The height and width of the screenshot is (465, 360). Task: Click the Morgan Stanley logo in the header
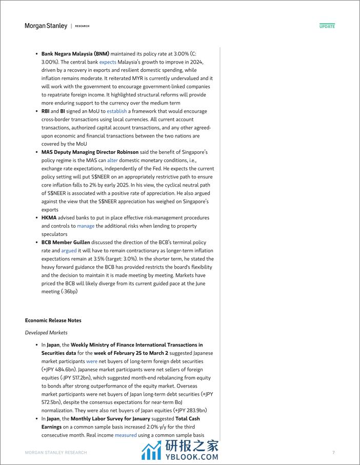(46, 26)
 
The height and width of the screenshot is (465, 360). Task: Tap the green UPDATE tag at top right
(327, 26)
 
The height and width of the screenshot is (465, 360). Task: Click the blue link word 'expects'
(108, 62)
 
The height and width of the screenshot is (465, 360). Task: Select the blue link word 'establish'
(116, 111)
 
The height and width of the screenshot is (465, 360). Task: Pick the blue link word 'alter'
(112, 160)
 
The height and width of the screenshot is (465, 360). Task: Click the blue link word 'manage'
(86, 226)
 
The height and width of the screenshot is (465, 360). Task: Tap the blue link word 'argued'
(69, 251)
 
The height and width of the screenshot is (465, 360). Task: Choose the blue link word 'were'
(92, 361)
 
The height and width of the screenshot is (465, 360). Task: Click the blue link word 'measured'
(126, 435)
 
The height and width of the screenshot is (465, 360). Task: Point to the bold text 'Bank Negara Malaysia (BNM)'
(75, 54)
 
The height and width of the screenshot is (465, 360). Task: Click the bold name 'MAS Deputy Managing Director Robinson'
(90, 152)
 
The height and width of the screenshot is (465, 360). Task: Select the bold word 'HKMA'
(49, 218)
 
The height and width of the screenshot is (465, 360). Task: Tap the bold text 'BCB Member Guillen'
(66, 242)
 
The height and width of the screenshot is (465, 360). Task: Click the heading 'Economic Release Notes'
(53, 320)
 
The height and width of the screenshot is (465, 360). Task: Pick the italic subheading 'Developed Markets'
(46, 333)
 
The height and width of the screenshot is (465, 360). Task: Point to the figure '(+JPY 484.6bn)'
(60, 370)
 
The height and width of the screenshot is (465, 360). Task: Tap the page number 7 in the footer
(333, 453)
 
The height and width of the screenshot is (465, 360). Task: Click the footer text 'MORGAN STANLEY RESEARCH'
(56, 453)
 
